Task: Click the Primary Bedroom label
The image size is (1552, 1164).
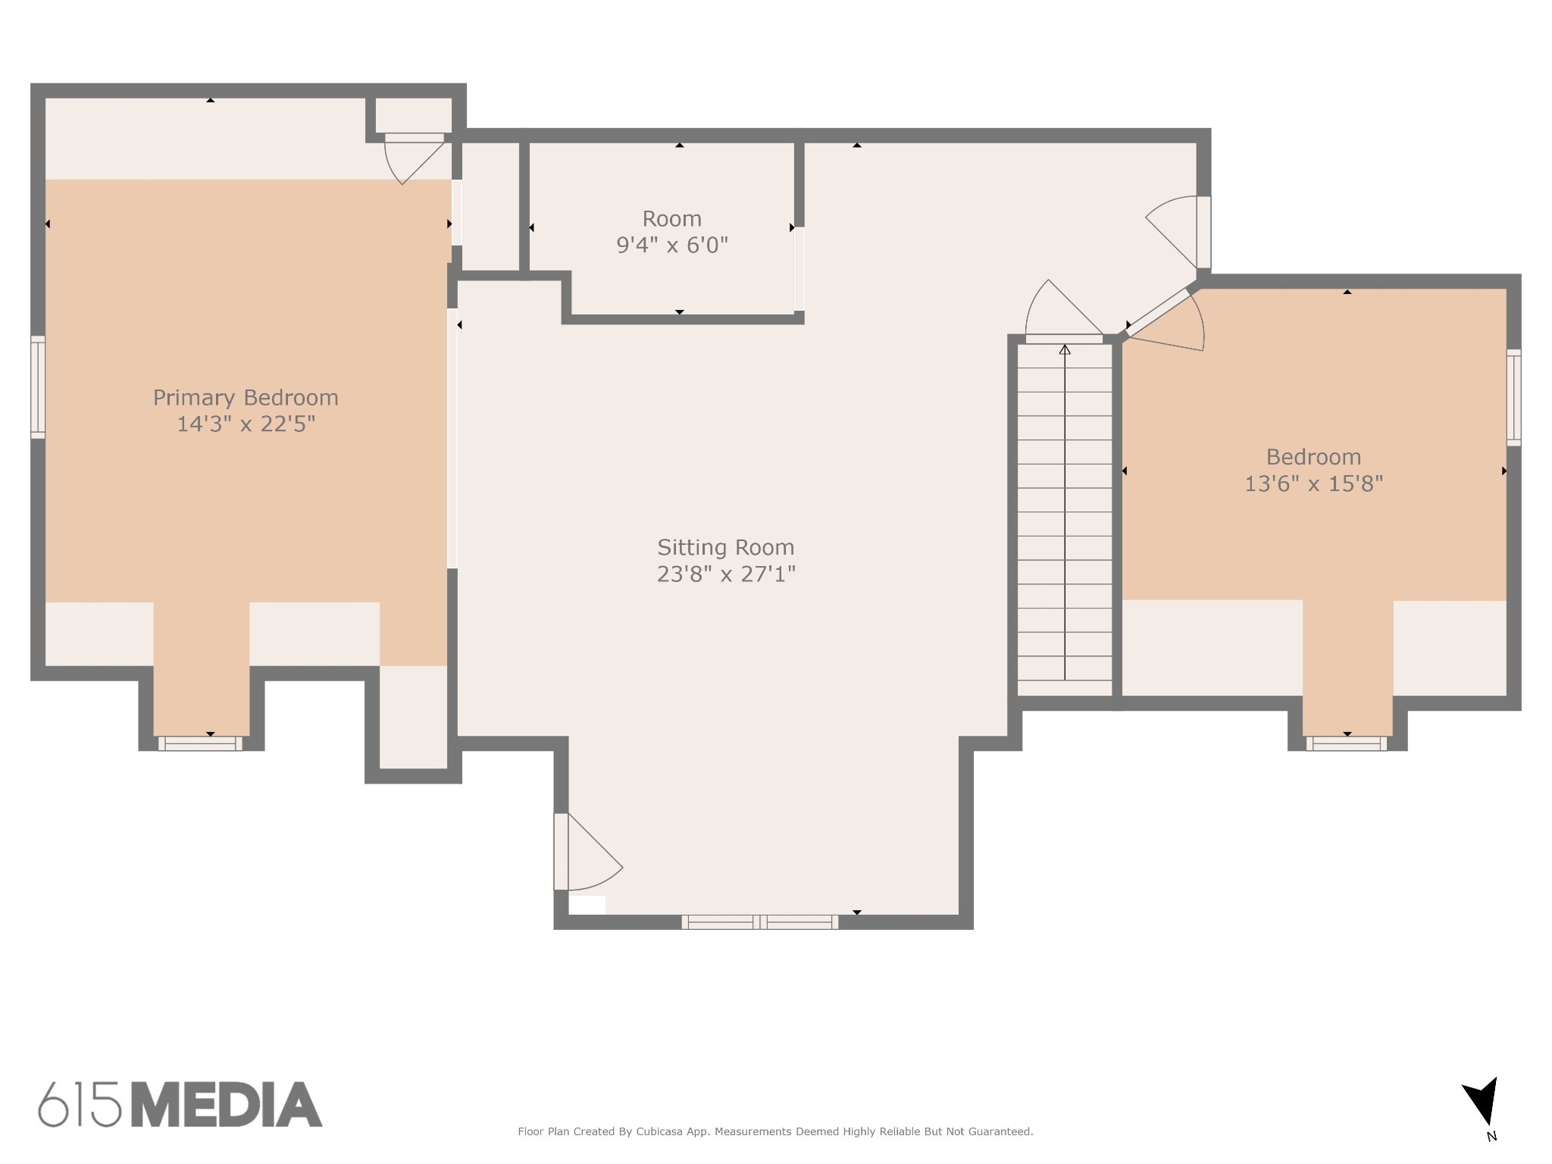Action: [246, 398]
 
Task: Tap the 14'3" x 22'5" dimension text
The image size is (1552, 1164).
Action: [246, 424]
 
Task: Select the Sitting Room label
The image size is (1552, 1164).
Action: [726, 548]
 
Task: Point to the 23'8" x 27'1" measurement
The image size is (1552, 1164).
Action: [726, 574]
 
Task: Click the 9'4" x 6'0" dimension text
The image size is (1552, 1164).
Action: [672, 246]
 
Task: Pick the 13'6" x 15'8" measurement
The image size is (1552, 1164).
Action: [1314, 483]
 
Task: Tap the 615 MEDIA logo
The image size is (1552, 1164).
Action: [180, 1104]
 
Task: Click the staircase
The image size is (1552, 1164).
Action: [1065, 520]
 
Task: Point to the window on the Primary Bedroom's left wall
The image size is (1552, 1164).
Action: [38, 387]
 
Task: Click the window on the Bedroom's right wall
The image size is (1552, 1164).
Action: [1513, 397]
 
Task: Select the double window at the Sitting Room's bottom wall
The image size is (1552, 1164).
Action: [759, 922]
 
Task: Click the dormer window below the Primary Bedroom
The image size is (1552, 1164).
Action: [200, 743]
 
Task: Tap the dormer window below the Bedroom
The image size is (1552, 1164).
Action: [1347, 743]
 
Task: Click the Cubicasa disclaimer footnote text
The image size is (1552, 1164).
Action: [775, 1131]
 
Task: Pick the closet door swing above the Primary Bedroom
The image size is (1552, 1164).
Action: [414, 159]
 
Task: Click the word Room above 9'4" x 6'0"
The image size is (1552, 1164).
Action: [672, 219]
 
